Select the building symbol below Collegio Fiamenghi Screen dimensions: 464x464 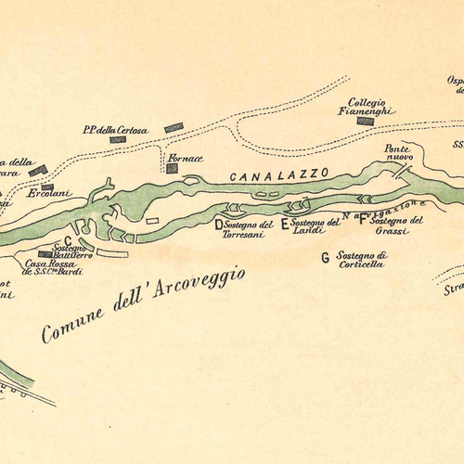pos(366,121)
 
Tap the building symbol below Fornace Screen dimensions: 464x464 pos(172,169)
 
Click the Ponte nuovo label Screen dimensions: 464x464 pos(398,153)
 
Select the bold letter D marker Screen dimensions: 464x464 pos(219,225)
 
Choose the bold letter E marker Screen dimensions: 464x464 pos(285,224)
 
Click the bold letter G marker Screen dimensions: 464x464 pos(325,257)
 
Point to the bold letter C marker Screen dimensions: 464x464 pos(68,239)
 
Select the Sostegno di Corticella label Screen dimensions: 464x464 pos(361,259)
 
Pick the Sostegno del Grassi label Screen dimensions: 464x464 pos(396,226)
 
